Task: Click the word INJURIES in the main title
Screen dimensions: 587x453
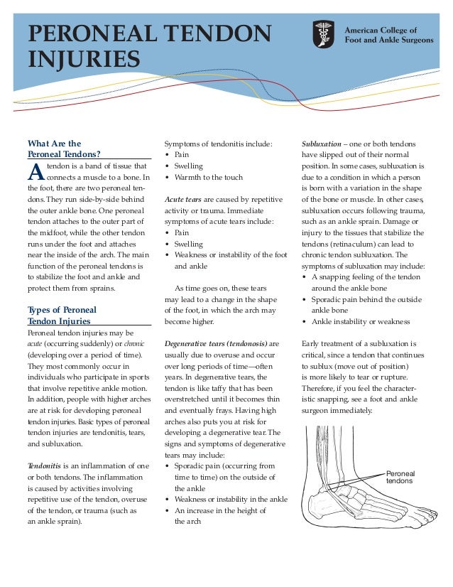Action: [x=84, y=58]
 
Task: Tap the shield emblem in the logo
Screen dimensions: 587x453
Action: [x=324, y=35]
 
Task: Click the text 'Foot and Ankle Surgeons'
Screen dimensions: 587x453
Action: [x=388, y=41]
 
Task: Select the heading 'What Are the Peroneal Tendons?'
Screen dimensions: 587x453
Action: [x=64, y=148]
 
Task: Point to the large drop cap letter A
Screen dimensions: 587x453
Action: [x=36, y=171]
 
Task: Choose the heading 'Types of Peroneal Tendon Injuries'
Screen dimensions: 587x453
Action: [x=62, y=316]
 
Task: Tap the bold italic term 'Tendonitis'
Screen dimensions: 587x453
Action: [x=45, y=466]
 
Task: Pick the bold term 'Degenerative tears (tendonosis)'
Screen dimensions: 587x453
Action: [x=216, y=343]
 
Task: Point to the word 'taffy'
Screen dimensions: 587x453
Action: [x=229, y=388]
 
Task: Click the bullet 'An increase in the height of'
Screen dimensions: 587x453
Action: [x=220, y=510]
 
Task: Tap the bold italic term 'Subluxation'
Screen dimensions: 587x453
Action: [x=321, y=144]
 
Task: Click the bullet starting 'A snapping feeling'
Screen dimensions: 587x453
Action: [x=366, y=277]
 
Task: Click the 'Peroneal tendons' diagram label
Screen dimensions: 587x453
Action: [x=400, y=477]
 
